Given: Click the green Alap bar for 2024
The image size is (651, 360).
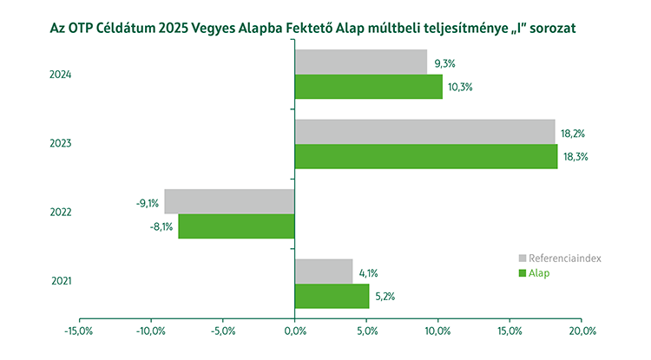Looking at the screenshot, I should [x=368, y=87].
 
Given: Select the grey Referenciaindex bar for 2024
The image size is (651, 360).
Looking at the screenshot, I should [x=361, y=62].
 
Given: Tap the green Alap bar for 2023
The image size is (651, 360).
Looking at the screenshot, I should [x=425, y=156].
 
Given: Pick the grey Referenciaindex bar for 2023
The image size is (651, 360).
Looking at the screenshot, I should [x=424, y=132].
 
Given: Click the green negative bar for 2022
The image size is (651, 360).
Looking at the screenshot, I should [x=236, y=226].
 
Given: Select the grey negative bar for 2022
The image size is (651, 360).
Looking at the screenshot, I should [x=229, y=201].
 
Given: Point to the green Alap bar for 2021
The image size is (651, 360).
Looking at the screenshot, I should [x=332, y=296].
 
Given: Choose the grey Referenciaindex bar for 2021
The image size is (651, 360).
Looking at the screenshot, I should [x=324, y=271].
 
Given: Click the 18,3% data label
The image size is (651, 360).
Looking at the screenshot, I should [x=575, y=157].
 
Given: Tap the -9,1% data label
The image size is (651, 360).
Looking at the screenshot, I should [x=147, y=204].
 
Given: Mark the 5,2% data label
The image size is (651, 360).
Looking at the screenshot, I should [x=385, y=297].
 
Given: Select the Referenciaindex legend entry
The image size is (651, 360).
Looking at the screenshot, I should [x=559, y=259].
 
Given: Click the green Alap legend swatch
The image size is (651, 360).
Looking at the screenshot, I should [x=523, y=273].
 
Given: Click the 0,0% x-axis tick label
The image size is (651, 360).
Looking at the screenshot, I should [x=294, y=331].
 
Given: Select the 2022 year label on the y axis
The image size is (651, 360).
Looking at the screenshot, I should [x=61, y=213].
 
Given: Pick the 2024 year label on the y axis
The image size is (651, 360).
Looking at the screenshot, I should [x=61, y=75].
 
